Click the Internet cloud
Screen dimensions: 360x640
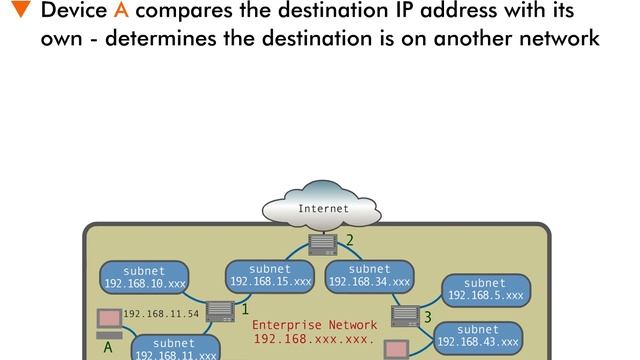coord(323,209)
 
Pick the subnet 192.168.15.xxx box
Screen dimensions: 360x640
coord(270,276)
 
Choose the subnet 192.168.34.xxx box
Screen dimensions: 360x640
coord(370,276)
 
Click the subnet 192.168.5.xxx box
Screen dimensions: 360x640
coord(485,290)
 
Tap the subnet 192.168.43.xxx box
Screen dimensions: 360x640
coord(478,336)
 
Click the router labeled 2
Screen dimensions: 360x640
coord(323,243)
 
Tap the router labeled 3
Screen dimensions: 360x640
coord(405,316)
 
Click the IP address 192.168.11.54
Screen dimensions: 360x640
coord(161,313)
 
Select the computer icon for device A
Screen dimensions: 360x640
coord(108,322)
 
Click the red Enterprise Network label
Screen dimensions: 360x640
coord(314,332)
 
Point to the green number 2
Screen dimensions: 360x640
coord(350,240)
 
